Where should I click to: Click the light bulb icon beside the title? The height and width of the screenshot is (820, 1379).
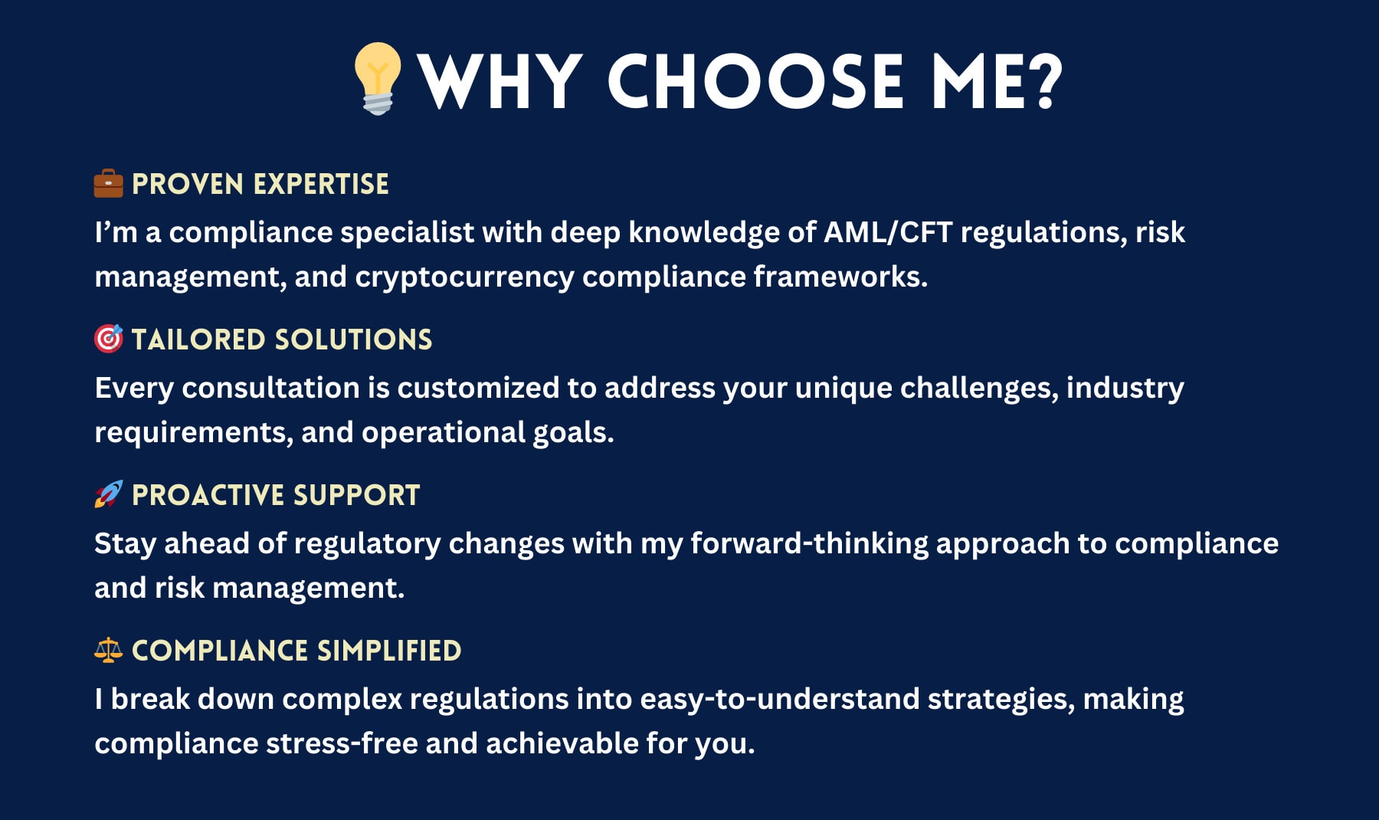click(x=377, y=78)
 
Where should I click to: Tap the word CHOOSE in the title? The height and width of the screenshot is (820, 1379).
click(x=755, y=81)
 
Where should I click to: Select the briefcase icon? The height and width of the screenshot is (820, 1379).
click(x=108, y=184)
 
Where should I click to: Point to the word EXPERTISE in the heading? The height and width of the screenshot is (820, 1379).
click(x=320, y=185)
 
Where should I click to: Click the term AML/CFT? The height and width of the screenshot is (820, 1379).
click(x=887, y=232)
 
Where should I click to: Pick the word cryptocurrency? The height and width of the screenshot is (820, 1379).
click(x=463, y=277)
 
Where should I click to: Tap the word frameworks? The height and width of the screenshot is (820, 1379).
click(x=840, y=277)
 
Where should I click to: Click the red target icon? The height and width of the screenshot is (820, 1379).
click(x=108, y=339)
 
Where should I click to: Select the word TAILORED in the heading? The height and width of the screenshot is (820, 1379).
click(x=198, y=339)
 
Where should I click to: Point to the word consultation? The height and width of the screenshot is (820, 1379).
click(x=270, y=388)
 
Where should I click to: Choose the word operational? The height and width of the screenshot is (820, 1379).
click(x=443, y=433)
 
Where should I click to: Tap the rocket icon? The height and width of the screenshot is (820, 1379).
click(x=108, y=494)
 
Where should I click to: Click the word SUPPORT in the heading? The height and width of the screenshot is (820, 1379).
click(x=356, y=495)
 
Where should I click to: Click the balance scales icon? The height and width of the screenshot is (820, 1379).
click(x=108, y=650)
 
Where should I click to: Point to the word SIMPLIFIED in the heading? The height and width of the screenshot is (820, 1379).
click(x=388, y=651)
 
